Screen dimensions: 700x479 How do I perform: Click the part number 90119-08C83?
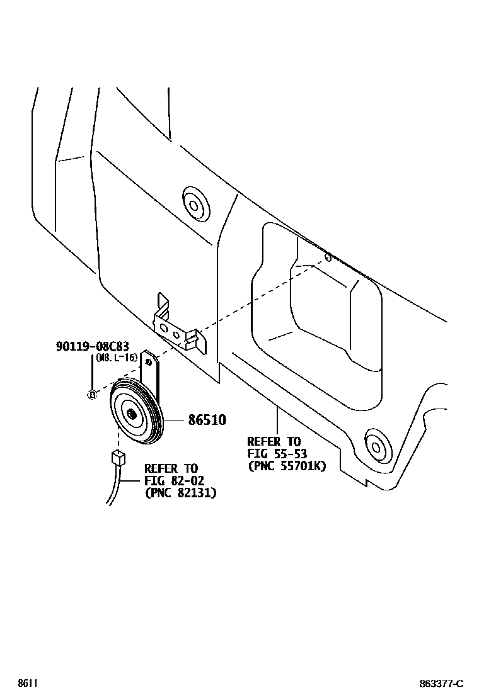[x=92, y=346]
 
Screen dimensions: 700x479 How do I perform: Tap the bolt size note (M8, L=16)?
[x=117, y=358]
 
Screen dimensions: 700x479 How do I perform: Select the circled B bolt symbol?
[x=92, y=395]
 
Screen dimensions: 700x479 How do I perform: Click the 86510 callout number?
[x=207, y=420]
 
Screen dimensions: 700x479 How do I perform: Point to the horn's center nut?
[x=131, y=414]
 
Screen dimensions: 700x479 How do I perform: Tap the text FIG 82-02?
[x=174, y=481]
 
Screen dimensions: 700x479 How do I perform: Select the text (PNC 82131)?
[x=180, y=493]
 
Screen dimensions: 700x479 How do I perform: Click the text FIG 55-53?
[x=277, y=454]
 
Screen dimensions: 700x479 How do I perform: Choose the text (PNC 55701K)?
[x=287, y=466]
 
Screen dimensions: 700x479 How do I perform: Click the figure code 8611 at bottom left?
[x=27, y=683]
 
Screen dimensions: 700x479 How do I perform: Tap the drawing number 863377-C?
[x=441, y=684]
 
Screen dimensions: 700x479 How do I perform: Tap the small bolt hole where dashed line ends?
[x=328, y=257]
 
